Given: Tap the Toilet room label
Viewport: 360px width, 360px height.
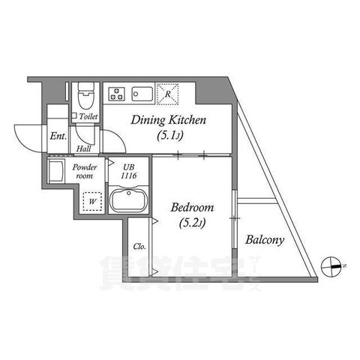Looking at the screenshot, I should [x=89, y=116].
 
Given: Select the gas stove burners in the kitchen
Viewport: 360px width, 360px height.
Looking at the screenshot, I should [x=116, y=94].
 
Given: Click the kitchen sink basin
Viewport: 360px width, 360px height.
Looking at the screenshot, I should [x=142, y=94].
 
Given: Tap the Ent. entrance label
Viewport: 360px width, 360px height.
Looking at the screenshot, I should [x=58, y=136].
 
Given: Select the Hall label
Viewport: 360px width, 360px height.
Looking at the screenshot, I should [x=83, y=148].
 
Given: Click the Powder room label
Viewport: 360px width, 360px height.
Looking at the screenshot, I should [x=84, y=171].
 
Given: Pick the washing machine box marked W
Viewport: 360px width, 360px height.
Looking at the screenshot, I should [x=92, y=200].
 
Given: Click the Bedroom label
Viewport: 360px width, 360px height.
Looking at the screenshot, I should [x=192, y=207].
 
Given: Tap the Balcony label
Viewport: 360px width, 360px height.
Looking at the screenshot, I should [x=264, y=240].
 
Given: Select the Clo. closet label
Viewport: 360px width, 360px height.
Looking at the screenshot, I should [x=139, y=246].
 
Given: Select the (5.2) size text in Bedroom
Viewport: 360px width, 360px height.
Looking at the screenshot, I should [x=191, y=223].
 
